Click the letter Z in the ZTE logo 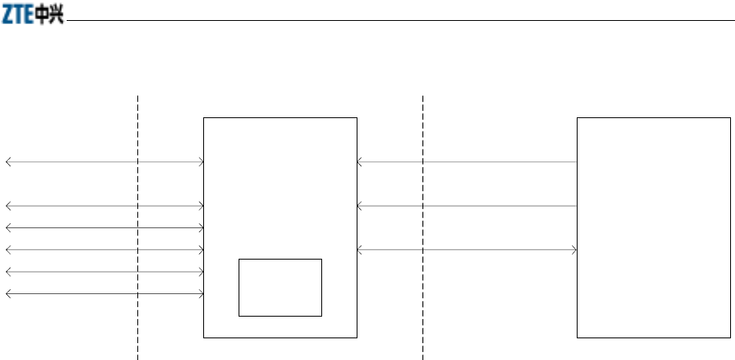click(9, 16)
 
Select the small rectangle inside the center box click(280, 287)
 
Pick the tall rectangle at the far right click(654, 227)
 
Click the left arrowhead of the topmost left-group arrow click(8, 162)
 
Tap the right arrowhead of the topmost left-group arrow click(201, 162)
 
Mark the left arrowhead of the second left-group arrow click(8, 207)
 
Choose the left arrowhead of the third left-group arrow click(8, 228)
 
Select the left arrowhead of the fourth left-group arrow click(8, 250)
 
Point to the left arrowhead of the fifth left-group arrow click(8, 272)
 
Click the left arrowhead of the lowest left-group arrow click(8, 293)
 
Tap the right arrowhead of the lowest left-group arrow click(201, 293)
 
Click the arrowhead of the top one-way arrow click(360, 162)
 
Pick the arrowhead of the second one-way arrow click(360, 207)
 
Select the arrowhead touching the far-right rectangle click(574, 250)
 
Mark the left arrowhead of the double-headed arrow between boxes click(360, 250)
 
